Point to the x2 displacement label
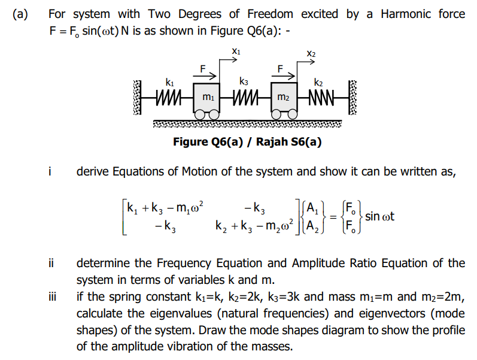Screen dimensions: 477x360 tap(311, 54)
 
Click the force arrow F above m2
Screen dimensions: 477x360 tap(284, 75)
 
